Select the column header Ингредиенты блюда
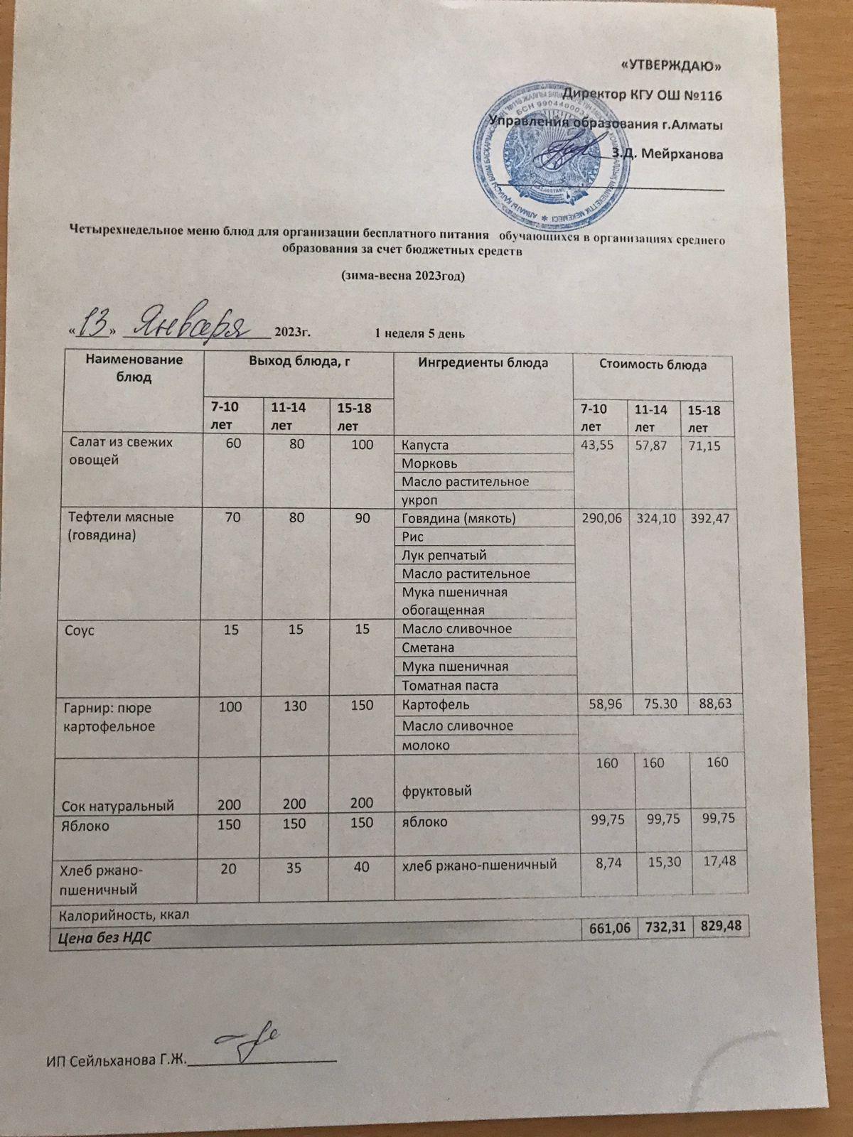point(483,364)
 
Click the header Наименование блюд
point(134,368)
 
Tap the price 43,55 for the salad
point(601,442)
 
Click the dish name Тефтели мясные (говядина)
point(122,525)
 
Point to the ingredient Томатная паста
point(450,686)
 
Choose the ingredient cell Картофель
point(435,705)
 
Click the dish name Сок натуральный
point(119,806)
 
